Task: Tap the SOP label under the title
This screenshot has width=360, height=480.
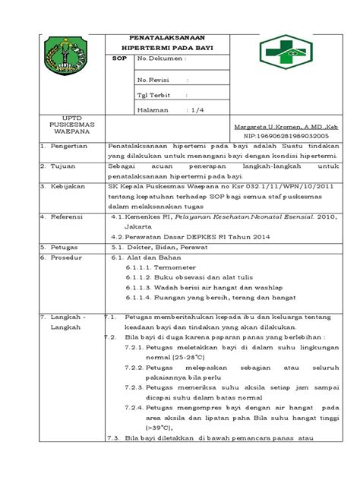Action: pyautogui.click(x=118, y=57)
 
